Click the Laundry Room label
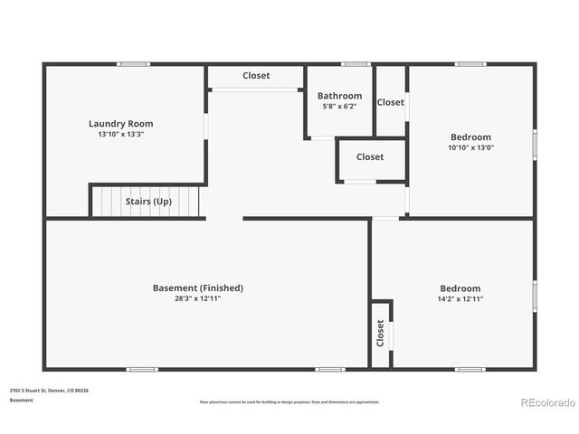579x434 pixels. (120, 124)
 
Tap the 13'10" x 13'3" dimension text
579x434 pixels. (120, 135)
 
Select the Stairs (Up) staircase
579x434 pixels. (147, 201)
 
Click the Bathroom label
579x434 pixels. (339, 96)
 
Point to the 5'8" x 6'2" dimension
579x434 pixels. (339, 106)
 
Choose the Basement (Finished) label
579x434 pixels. (197, 288)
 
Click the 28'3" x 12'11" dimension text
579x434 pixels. (197, 298)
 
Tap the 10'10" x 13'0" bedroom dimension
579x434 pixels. (470, 147)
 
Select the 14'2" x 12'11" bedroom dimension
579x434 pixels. (460, 298)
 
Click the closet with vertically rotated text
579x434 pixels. (380, 334)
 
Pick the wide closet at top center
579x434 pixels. (256, 76)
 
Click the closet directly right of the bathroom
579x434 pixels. (391, 102)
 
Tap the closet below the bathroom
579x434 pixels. (370, 157)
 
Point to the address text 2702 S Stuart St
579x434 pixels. (49, 391)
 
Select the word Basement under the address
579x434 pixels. (22, 400)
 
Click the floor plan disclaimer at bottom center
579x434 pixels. (289, 401)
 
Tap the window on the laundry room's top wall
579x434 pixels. (134, 64)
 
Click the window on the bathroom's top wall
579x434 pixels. (356, 64)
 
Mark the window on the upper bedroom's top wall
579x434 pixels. (470, 64)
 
